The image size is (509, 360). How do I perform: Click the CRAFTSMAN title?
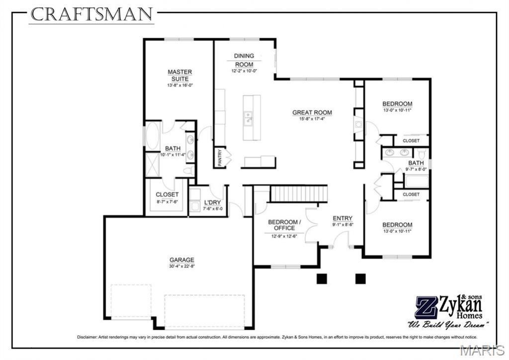(x=92, y=14)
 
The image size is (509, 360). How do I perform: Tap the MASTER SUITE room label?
(x=180, y=75)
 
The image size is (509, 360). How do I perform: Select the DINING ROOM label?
(x=244, y=60)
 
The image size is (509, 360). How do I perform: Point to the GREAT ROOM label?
(x=312, y=113)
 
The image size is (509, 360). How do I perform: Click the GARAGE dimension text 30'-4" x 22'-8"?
(x=182, y=266)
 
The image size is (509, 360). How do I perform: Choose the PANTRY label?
(x=220, y=158)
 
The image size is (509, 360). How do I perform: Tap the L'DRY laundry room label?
(x=213, y=203)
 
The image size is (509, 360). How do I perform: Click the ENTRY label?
(x=342, y=218)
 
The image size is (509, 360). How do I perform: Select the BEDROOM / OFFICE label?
(x=284, y=225)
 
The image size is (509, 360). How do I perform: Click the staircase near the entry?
(x=299, y=194)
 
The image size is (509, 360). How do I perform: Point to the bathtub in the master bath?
(x=153, y=136)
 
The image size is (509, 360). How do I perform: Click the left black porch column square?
(x=322, y=279)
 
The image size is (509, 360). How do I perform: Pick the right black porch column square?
(x=360, y=279)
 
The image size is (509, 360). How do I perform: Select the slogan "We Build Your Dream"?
(x=448, y=324)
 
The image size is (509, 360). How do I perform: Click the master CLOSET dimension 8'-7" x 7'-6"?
(x=167, y=201)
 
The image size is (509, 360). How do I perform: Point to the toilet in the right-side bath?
(x=422, y=153)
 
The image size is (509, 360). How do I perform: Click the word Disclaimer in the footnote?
(x=87, y=337)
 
